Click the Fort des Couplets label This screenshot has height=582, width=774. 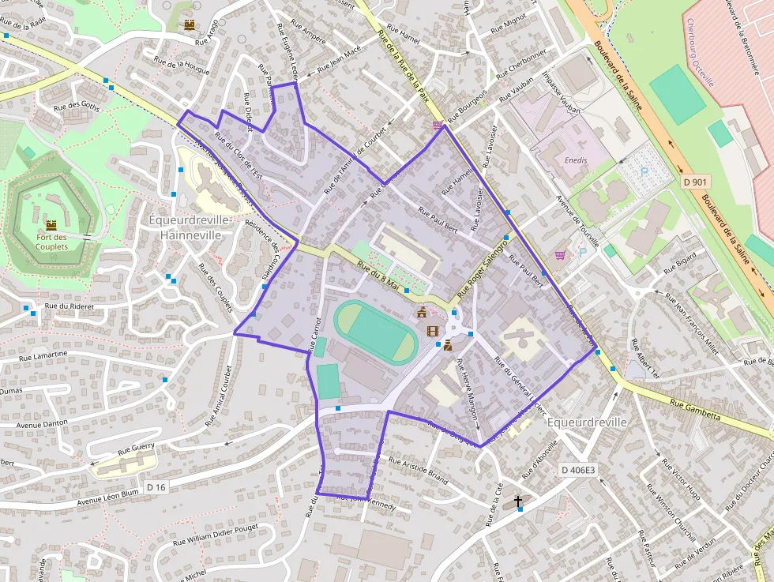tap(51, 242)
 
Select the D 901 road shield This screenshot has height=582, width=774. tap(694, 182)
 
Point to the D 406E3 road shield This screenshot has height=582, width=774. tap(578, 470)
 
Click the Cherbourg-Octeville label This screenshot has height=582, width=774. tap(700, 51)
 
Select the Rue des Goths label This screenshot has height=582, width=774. tap(77, 107)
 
